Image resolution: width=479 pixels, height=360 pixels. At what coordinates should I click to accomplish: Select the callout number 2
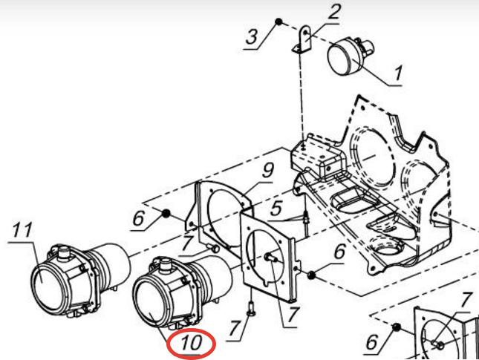point(335,12)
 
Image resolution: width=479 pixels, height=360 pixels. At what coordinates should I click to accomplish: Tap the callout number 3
point(252,36)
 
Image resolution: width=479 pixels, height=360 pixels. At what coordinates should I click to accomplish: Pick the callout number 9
point(267,171)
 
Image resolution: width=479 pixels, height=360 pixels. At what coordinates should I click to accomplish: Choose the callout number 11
point(22,231)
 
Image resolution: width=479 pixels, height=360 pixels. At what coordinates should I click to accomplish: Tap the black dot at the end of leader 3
point(278,22)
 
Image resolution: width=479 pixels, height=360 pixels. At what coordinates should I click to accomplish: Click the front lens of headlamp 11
point(48,287)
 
